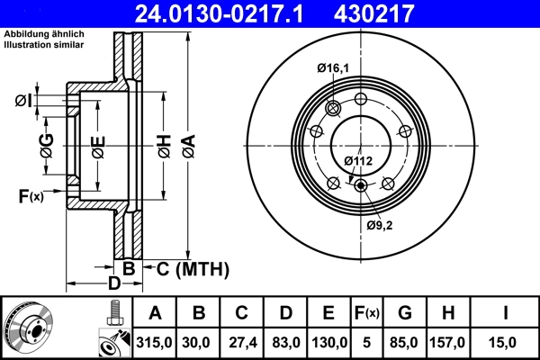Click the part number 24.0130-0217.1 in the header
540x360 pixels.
pos(231,13)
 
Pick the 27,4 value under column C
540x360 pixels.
pos(241,341)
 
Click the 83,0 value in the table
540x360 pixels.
pos(285,341)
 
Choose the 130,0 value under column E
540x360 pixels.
pos(329,341)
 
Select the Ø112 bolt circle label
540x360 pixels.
pos(358,160)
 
